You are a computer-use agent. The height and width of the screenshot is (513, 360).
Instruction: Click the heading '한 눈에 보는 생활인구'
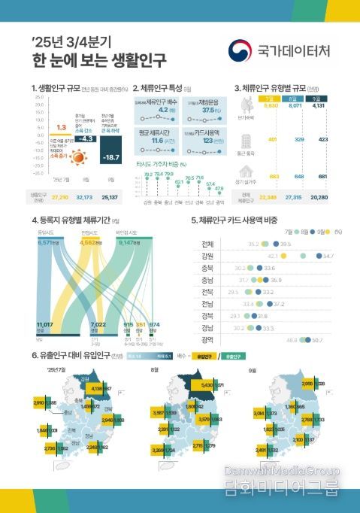100,59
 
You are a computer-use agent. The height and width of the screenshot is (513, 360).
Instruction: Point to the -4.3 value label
86,139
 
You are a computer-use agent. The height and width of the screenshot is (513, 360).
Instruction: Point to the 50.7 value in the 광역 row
317,341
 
